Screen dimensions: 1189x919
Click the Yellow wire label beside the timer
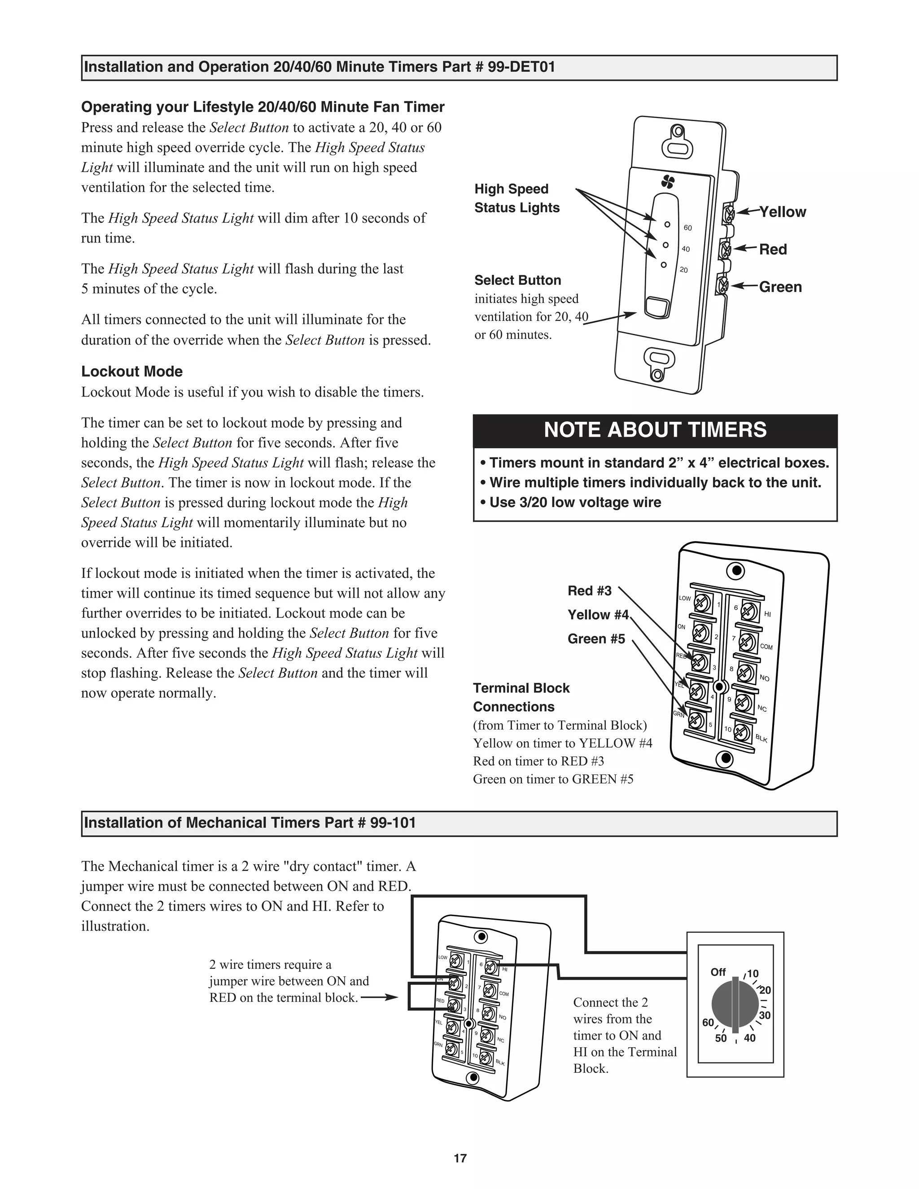(782, 212)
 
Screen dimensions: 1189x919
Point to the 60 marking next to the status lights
(687, 227)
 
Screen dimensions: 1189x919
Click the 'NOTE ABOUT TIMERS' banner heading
(655, 430)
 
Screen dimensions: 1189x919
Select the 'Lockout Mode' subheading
(132, 372)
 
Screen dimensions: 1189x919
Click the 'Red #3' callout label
(589, 591)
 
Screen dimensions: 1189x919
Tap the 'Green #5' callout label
(596, 638)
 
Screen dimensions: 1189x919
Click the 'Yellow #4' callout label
(598, 615)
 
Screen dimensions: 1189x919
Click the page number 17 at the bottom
(460, 1158)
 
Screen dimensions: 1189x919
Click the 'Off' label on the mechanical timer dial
(718, 972)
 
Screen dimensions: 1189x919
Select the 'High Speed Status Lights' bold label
(516, 198)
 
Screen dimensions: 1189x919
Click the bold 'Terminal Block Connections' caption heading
(521, 697)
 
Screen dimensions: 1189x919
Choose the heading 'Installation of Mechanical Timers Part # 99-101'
(250, 822)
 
